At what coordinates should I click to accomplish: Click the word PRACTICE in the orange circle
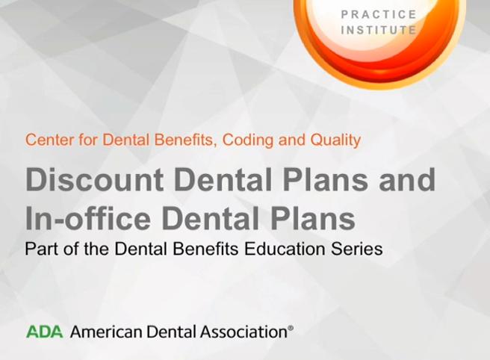click(x=379, y=14)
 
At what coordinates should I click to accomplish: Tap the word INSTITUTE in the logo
click(x=379, y=31)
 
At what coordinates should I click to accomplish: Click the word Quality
click(x=335, y=140)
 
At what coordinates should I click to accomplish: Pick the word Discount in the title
click(x=94, y=179)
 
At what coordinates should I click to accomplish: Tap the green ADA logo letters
click(x=44, y=332)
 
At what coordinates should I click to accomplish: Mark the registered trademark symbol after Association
click(x=291, y=328)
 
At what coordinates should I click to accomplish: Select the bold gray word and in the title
click(x=407, y=179)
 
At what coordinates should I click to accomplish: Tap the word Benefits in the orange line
click(x=185, y=140)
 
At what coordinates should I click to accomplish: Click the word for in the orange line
click(x=88, y=140)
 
